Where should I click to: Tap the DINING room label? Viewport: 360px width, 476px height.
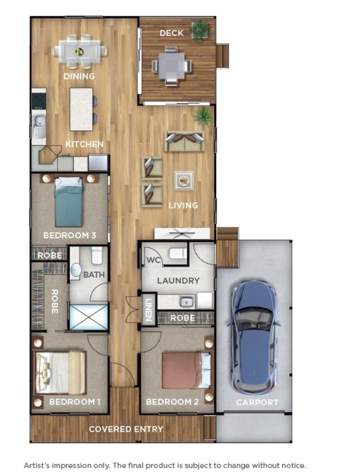tap(79, 76)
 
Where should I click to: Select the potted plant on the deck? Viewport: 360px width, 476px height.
tap(199, 31)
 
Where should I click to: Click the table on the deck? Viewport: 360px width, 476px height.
tap(171, 66)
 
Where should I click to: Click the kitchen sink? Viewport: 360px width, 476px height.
tap(39, 121)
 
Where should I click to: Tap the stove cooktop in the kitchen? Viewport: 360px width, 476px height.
tap(39, 101)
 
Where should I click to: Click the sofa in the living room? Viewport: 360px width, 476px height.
tap(184, 141)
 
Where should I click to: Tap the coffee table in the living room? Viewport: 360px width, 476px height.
tap(184, 181)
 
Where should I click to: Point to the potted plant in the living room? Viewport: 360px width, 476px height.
tap(203, 116)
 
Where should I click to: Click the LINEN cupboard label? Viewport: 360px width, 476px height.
tap(148, 309)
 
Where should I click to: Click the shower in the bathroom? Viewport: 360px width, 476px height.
tap(89, 317)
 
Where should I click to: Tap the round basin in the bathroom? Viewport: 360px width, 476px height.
tap(76, 270)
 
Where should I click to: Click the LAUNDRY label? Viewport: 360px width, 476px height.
tap(178, 281)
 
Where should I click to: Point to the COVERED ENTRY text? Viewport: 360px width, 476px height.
tap(126, 429)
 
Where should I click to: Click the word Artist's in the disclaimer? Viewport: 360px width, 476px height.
tap(38, 465)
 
